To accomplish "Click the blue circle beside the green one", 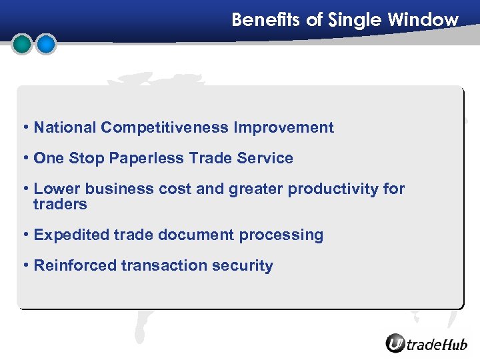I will (46, 44).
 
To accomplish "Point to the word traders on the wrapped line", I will (60, 205).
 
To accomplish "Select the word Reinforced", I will (75, 265).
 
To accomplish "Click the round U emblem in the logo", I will (395, 343).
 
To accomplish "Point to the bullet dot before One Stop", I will (25, 158).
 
